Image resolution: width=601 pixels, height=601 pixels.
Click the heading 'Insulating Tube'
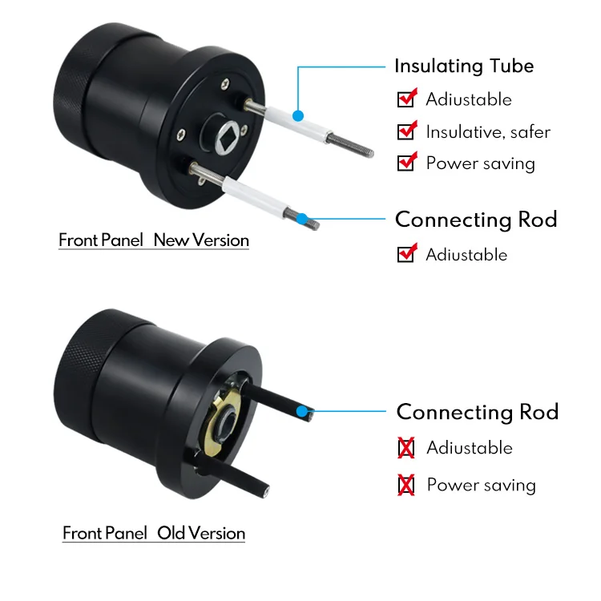click(x=463, y=66)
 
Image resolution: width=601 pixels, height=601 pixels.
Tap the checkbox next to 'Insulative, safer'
click(x=406, y=131)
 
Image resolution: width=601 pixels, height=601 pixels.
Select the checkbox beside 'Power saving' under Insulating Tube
click(x=406, y=163)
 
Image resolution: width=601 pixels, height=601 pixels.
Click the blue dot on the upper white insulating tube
click(x=298, y=115)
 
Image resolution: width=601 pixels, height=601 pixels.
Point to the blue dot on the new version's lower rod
click(x=302, y=218)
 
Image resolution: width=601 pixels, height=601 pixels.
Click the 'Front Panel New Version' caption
click(x=154, y=240)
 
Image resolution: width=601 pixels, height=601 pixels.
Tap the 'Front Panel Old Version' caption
click(x=154, y=533)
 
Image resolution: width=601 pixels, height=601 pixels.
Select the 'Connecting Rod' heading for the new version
click(x=476, y=220)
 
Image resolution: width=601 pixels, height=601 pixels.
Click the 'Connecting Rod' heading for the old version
click(x=478, y=412)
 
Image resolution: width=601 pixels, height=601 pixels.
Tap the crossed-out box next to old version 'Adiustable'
click(x=406, y=448)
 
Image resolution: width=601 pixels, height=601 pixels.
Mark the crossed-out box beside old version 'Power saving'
click(x=406, y=485)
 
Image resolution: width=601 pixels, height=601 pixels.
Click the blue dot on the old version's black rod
click(x=302, y=413)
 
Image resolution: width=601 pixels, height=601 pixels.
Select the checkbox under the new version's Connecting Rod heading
click(x=406, y=255)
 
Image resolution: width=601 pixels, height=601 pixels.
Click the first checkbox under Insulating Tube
click(x=406, y=99)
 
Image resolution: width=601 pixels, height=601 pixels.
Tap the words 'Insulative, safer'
click(x=488, y=131)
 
